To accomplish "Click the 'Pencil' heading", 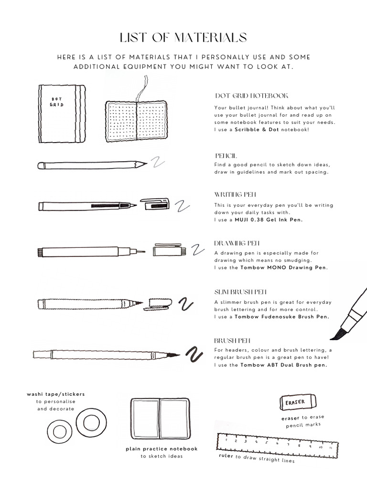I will point(226,156).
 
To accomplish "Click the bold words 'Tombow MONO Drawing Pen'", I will point(284,267).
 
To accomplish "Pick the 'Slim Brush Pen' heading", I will point(241,291).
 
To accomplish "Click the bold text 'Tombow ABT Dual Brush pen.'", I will point(284,365).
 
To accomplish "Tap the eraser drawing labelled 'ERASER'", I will point(295,402).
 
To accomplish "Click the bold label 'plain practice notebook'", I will point(162,449).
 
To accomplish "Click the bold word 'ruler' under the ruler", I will point(226,456).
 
